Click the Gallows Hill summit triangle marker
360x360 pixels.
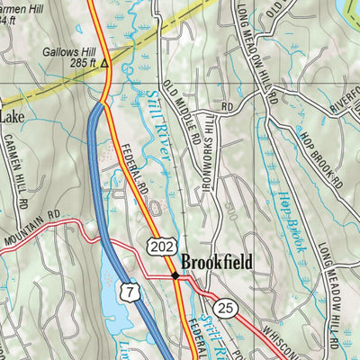click(x=104, y=64)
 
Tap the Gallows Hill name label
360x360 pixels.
click(x=67, y=52)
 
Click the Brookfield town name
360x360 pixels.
click(x=216, y=263)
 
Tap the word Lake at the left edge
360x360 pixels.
click(x=13, y=116)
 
